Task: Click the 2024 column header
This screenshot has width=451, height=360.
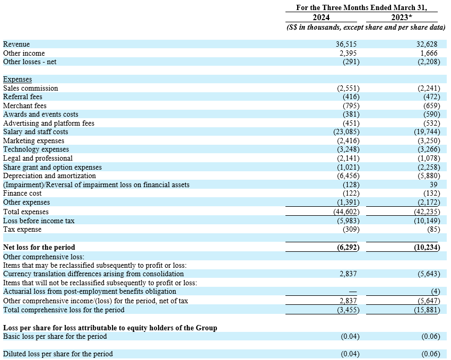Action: point(321,17)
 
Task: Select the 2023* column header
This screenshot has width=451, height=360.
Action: point(402,17)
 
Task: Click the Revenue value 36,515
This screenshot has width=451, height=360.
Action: point(349,45)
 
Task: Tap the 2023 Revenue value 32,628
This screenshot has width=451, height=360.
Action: point(429,45)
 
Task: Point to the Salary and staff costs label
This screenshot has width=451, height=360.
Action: point(36,132)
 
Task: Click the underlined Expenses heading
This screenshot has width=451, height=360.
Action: point(18,80)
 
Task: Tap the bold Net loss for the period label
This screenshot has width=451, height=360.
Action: point(39,247)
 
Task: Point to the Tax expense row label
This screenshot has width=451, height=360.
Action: point(22,230)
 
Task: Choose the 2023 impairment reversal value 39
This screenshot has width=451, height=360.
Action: point(435,185)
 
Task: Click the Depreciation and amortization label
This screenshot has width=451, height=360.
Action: point(49,176)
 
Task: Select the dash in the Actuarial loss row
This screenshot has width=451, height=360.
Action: point(353,292)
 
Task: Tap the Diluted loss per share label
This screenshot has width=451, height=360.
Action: point(58,354)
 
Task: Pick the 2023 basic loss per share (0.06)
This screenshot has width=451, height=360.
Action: point(430,337)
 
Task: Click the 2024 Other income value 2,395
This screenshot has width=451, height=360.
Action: point(350,53)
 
